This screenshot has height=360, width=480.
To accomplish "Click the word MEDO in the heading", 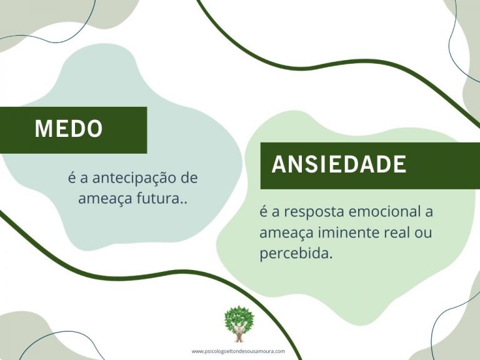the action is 69,128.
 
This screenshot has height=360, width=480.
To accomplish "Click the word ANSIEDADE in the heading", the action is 339,164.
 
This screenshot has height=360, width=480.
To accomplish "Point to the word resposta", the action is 314,212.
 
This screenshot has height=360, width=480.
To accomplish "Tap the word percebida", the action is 296,254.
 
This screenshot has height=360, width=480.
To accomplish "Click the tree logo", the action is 239,323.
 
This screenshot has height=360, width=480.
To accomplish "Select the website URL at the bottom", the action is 238,351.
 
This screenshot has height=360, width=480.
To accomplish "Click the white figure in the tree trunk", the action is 239,330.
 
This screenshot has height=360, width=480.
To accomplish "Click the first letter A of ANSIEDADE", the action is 279,164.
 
